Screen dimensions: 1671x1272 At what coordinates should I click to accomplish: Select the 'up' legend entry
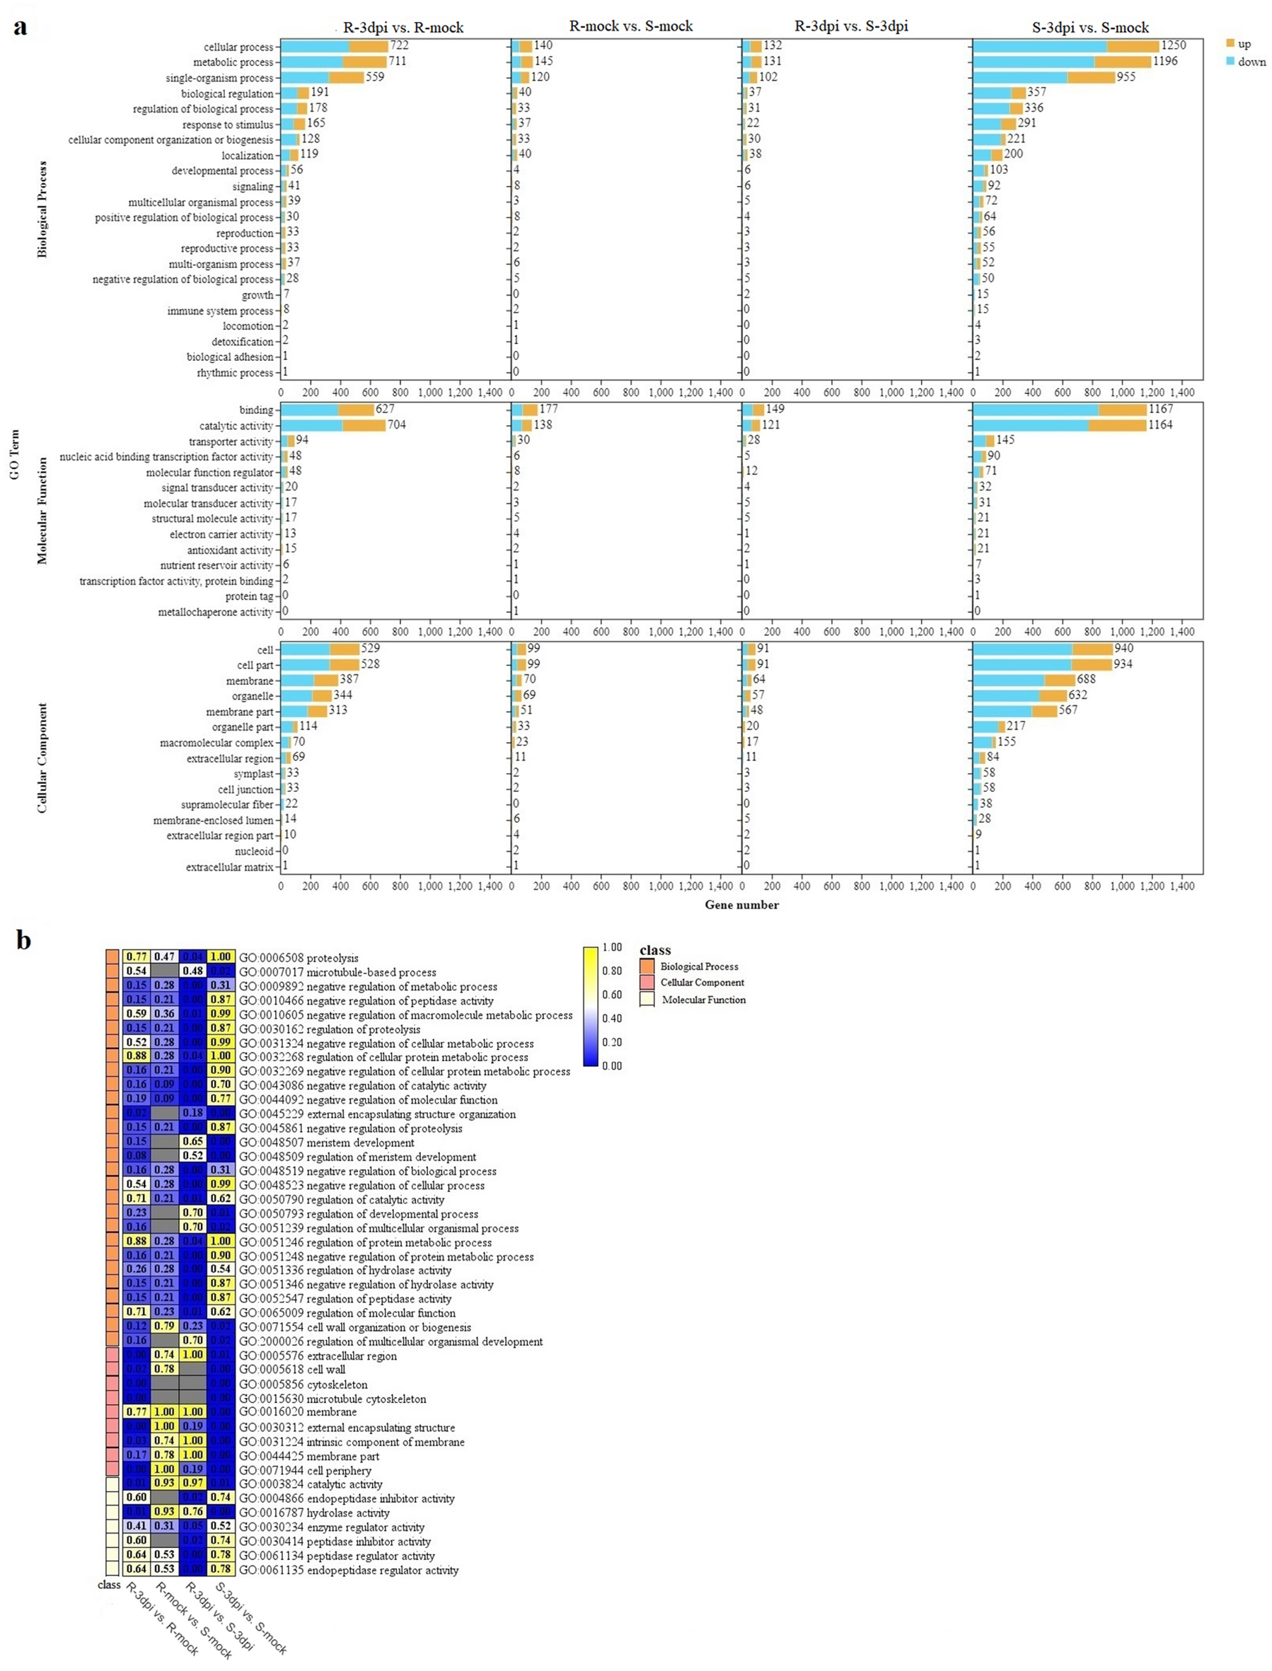[1244, 44]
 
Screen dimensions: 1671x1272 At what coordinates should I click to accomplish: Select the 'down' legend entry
[1251, 62]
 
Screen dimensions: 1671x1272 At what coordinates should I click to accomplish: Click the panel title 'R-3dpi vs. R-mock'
[403, 28]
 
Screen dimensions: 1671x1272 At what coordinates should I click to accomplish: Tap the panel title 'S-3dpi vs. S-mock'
[1090, 28]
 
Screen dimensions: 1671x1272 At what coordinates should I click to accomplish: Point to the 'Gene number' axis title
[741, 904]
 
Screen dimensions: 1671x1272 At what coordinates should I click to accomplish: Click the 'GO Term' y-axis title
[14, 455]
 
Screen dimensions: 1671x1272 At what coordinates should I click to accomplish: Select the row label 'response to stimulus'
[228, 125]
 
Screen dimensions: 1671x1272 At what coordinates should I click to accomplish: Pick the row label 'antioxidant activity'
[230, 550]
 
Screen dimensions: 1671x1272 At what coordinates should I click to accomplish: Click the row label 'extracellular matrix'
[229, 867]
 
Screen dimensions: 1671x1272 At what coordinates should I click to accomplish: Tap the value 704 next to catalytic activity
[396, 424]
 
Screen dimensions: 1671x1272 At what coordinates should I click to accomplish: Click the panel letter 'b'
[23, 940]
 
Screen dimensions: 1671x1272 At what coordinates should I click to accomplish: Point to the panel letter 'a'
[20, 28]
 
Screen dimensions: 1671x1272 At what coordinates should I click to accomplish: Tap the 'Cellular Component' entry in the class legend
[702, 982]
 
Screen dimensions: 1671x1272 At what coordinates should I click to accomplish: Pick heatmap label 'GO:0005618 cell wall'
[292, 1369]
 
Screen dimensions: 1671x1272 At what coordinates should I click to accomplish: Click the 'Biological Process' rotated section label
[42, 209]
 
